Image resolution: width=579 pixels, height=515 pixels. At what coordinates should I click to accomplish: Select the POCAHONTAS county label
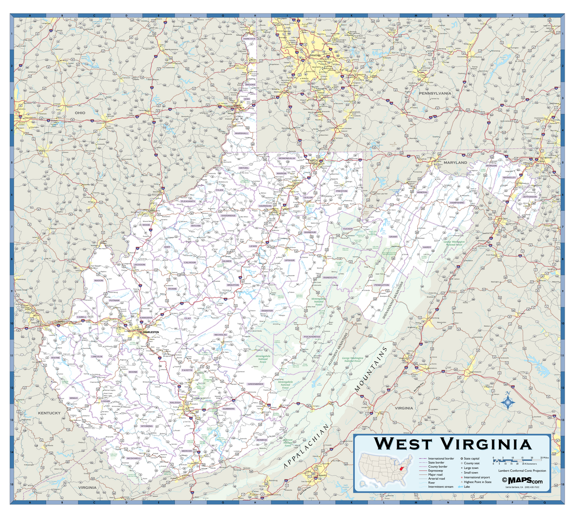pos(312,336)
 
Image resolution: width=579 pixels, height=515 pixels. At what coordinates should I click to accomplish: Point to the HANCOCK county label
pos(249,38)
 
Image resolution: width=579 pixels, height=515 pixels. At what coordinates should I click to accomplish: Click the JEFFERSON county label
pos(529,197)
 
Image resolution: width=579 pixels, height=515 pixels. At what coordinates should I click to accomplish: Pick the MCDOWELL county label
pos(134,458)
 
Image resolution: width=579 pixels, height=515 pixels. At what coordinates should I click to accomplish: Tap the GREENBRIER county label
pos(255,384)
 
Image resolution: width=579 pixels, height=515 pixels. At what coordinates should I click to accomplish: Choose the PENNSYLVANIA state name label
pos(434,93)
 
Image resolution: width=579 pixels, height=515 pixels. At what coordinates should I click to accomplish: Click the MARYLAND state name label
pos(455,163)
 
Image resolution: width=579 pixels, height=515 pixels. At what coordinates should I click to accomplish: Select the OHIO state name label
pos(80,112)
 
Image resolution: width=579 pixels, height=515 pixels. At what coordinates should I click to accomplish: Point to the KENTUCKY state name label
pos(49,413)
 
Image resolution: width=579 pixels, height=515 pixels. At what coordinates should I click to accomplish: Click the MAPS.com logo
pos(522,480)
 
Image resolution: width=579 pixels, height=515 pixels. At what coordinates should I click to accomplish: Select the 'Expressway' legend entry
pos(436,471)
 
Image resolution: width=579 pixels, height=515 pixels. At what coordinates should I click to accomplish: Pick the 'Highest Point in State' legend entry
pos(477,482)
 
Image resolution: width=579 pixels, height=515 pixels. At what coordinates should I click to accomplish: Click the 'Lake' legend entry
pos(467,487)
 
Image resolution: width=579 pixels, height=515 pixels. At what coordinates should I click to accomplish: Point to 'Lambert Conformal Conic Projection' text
pos(522,471)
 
